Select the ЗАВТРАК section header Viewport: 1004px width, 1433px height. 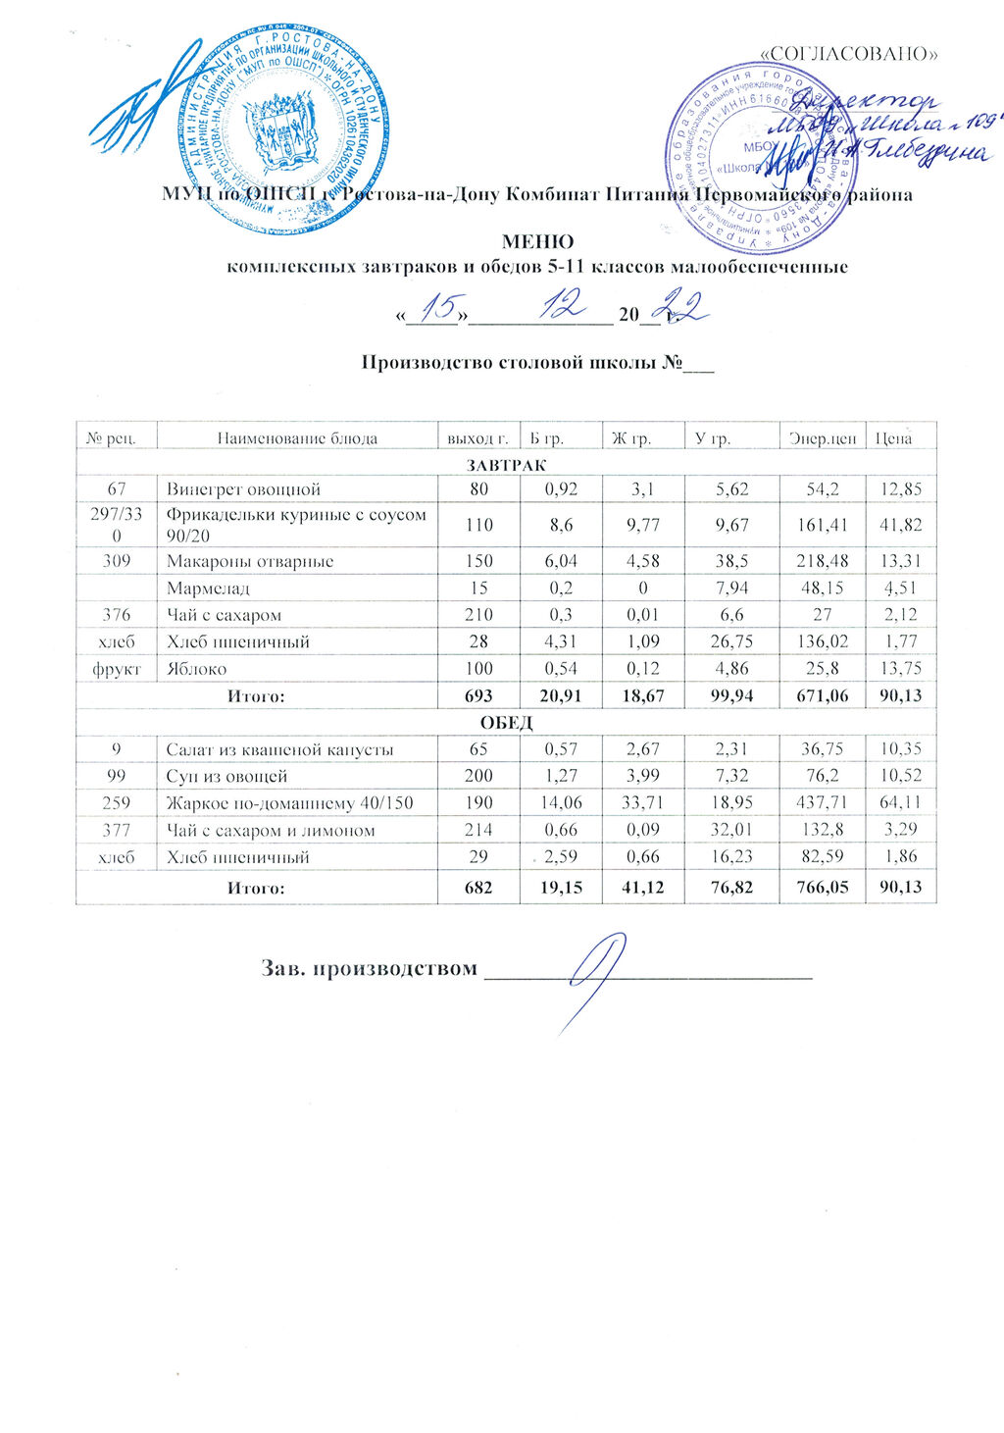(506, 463)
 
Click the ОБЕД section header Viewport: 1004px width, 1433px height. (506, 723)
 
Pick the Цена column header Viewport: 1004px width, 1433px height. (892, 437)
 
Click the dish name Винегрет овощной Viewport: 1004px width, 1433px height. (244, 488)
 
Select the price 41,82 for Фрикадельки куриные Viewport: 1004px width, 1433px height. (901, 525)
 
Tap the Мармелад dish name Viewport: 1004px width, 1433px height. (208, 589)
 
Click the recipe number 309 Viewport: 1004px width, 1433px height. (117, 561)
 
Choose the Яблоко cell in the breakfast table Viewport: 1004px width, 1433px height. (197, 669)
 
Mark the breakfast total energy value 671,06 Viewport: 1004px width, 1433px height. (821, 695)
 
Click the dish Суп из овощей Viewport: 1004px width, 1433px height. (226, 776)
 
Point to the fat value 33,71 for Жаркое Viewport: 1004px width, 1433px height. (636, 803)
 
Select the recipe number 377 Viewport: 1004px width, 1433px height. (117, 830)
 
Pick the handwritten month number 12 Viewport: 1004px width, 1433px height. (562, 308)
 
